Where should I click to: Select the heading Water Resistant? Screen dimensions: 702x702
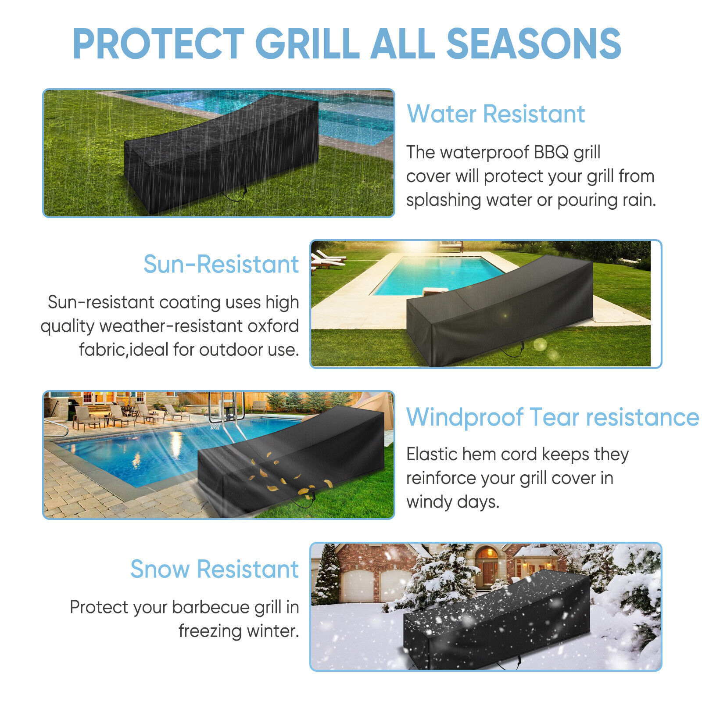click(x=496, y=114)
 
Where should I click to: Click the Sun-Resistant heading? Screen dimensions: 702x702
click(x=221, y=264)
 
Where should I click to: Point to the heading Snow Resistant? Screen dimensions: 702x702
click(x=215, y=569)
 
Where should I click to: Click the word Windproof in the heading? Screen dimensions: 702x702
click(x=465, y=417)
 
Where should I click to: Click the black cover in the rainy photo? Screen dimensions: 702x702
click(x=222, y=154)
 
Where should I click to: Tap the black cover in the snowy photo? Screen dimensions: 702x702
click(x=497, y=620)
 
